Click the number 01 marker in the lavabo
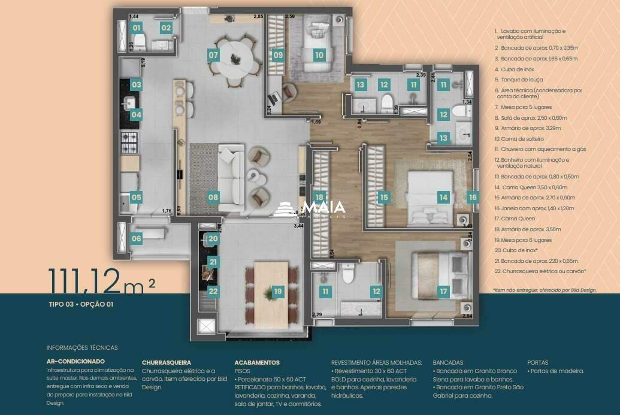pyautogui.click(x=137, y=28)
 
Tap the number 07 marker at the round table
pyautogui.click(x=213, y=55)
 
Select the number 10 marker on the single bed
pyautogui.click(x=319, y=55)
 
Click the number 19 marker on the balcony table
pyautogui.click(x=277, y=292)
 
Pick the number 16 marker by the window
pyautogui.click(x=473, y=196)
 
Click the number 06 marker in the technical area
pyautogui.click(x=137, y=238)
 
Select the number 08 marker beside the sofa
pyautogui.click(x=213, y=196)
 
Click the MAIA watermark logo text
pyautogui.click(x=323, y=208)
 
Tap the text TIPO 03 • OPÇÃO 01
pyautogui.click(x=81, y=304)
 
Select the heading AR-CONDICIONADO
pyautogui.click(x=75, y=361)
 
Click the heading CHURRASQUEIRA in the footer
pyautogui.click(x=167, y=362)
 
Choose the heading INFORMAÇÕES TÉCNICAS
pyautogui.click(x=82, y=347)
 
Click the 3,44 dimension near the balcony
pyautogui.click(x=298, y=226)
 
